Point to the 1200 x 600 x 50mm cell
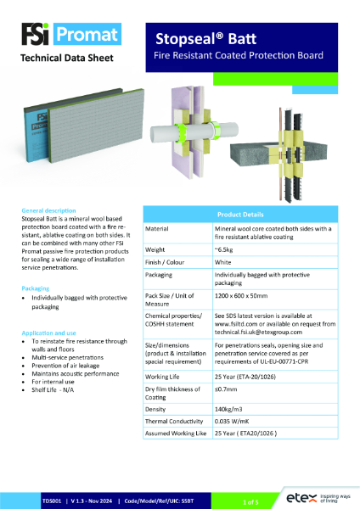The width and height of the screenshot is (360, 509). tap(250, 303)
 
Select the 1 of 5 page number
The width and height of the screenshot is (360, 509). tap(250, 502)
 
